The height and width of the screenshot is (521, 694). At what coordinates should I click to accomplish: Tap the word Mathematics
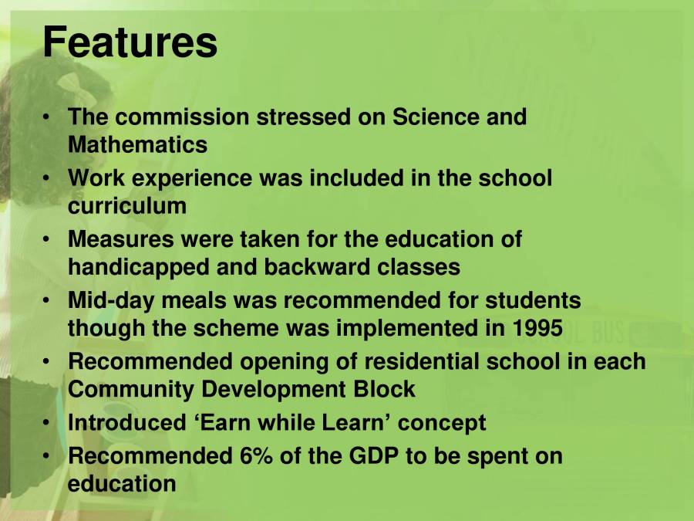[137, 144]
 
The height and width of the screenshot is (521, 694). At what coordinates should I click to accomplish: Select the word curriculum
[127, 206]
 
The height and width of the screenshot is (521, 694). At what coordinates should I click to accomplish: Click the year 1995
[537, 328]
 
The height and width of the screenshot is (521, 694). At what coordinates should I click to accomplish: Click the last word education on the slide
[122, 483]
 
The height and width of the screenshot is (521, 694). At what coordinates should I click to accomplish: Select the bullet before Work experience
[49, 178]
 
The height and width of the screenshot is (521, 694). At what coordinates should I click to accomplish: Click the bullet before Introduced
[49, 423]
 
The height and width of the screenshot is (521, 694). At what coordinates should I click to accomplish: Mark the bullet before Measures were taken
[49, 239]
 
